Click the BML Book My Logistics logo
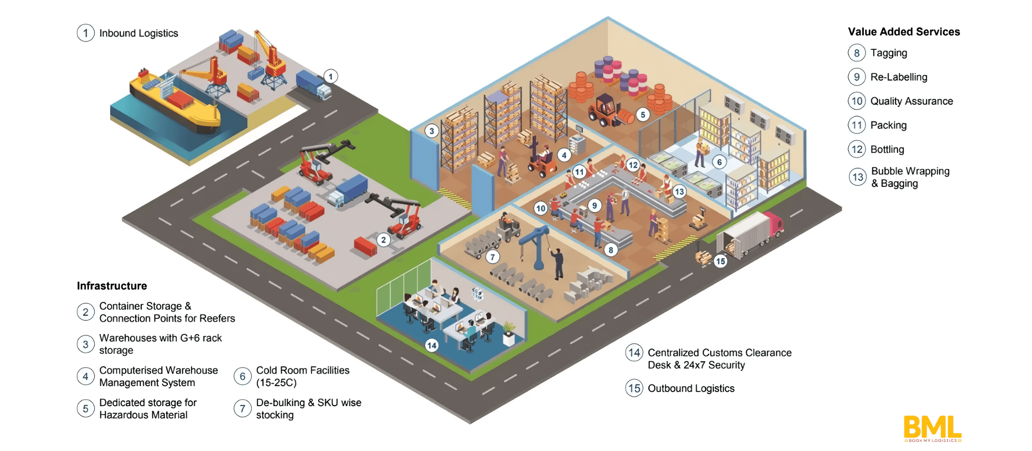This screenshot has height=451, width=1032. point(932,428)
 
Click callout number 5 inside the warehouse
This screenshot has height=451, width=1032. point(643,115)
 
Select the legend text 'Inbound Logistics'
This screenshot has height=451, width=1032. point(139,33)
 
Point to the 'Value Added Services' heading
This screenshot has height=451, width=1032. point(904,32)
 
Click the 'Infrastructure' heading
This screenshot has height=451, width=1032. point(112,286)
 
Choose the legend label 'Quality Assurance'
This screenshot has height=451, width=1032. point(911,101)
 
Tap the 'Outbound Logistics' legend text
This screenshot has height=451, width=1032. point(691,388)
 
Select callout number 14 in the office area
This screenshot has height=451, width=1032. point(432,345)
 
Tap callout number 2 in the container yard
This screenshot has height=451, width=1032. point(383,240)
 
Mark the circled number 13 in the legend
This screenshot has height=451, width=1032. point(857,177)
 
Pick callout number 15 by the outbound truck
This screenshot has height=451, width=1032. point(720,261)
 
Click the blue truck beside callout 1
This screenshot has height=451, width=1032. point(313,84)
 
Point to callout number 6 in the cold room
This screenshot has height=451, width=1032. point(719,162)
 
